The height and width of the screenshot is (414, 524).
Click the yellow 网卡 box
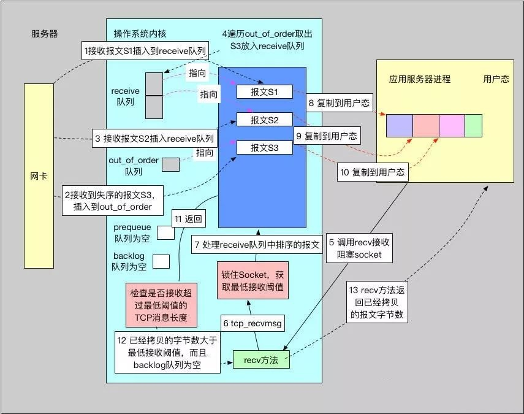coord(39,176)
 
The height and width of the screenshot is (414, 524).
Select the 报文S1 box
coord(265,91)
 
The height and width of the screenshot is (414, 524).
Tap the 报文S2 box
coord(265,120)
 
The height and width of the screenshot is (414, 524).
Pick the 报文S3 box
coord(265,147)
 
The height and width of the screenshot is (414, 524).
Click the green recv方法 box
coord(261,359)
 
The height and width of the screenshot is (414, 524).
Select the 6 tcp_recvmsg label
coord(253,323)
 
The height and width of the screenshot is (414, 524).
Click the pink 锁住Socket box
coord(253,280)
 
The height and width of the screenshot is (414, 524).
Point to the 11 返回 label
coord(189,219)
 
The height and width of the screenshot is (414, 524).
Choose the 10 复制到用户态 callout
coord(373,172)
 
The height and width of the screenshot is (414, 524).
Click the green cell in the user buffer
coord(474,125)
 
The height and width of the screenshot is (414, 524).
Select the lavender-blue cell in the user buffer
coord(400,125)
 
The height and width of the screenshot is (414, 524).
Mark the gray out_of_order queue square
coord(171,164)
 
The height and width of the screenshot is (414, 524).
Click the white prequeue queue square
coord(165,232)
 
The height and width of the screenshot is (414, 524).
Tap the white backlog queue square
coord(161,261)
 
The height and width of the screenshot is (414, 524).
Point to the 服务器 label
coord(45,34)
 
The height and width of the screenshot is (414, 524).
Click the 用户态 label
coord(496,79)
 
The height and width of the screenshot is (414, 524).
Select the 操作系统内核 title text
coord(140,34)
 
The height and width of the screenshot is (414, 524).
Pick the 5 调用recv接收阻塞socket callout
coord(359,248)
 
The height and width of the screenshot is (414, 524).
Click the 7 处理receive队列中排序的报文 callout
coord(257,245)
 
